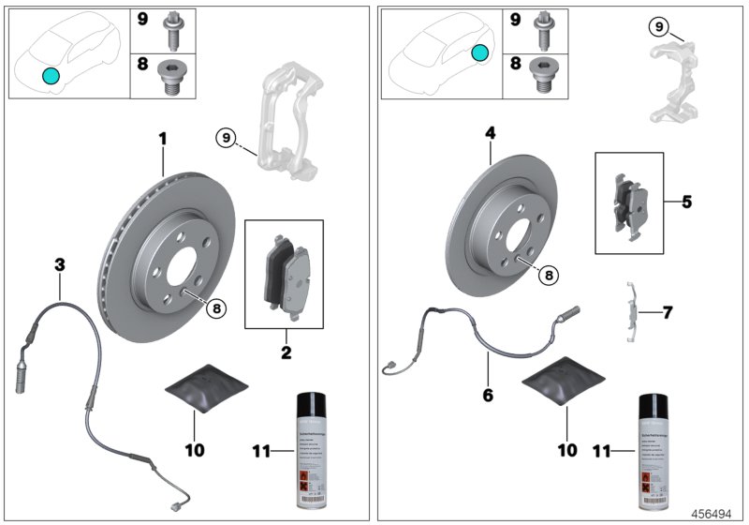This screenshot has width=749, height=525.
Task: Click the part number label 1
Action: click(162, 140)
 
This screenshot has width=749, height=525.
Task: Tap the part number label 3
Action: click(59, 266)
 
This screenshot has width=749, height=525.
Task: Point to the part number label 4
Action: click(489, 134)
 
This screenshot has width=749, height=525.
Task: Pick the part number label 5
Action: click(686, 202)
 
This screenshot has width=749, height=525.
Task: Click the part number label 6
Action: click(487, 395)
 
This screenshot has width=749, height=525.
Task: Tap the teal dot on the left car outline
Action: click(50, 75)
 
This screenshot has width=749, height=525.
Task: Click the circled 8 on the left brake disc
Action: click(216, 307)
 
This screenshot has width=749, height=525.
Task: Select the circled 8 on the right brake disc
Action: click(550, 275)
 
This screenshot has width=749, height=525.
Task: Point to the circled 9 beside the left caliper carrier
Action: click(225, 139)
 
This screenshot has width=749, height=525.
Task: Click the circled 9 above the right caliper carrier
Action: click(660, 27)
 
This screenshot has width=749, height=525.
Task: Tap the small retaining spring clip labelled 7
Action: click(636, 308)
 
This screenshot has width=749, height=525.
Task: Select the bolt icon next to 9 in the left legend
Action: click(174, 28)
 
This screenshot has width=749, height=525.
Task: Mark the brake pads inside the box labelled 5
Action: click(629, 205)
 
